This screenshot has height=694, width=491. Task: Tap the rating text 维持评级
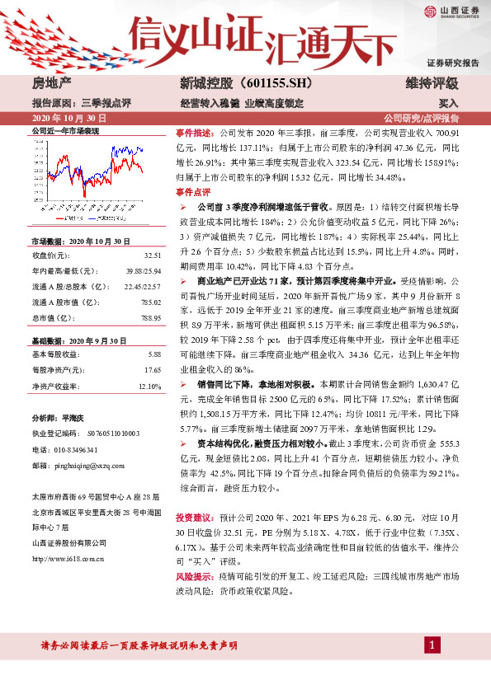coord(432,83)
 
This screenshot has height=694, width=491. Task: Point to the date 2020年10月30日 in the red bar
coord(64,118)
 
